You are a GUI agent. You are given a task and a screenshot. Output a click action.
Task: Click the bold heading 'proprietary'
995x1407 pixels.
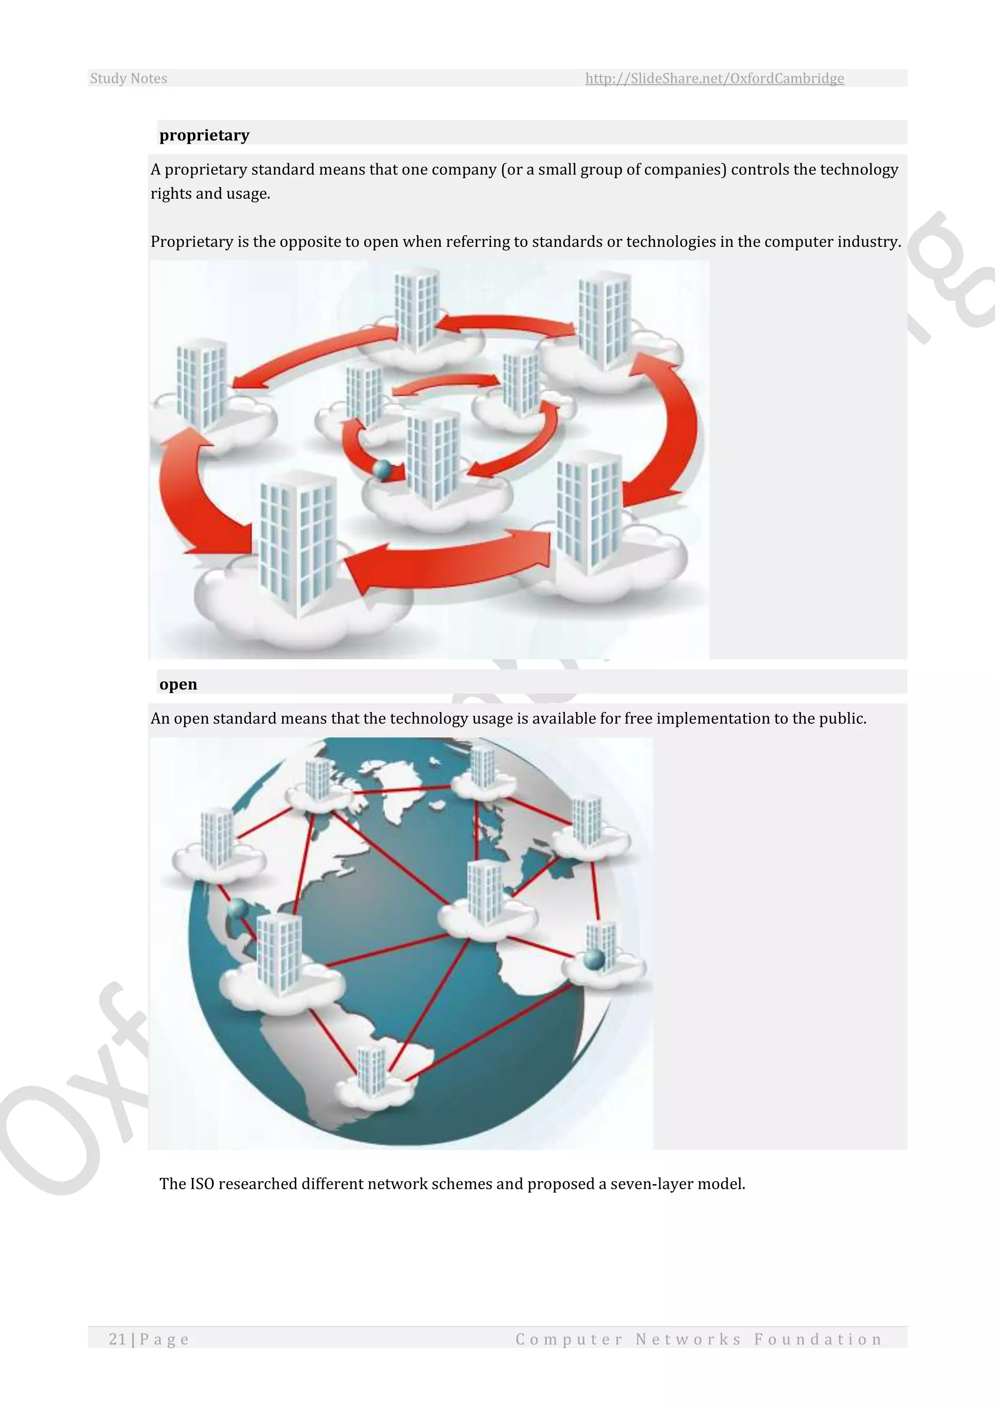tap(204, 136)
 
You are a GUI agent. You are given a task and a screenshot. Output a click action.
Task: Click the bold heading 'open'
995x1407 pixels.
tap(178, 685)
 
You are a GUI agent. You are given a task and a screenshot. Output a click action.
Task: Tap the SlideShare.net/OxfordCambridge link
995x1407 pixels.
tap(714, 78)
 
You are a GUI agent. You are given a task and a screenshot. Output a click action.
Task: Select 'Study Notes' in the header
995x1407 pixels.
tap(129, 78)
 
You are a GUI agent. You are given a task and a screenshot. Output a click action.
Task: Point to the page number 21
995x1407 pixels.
tap(117, 1339)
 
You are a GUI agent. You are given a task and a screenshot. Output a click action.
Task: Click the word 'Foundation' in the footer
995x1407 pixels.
tap(818, 1339)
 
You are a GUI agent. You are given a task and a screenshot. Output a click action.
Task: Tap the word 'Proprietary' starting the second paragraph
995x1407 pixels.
tap(192, 241)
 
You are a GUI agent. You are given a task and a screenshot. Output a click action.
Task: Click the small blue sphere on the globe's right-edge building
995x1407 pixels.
tap(594, 959)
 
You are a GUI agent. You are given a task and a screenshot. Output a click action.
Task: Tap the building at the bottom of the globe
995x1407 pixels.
tap(372, 1069)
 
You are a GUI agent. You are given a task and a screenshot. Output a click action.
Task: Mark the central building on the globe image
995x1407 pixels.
tap(485, 892)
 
